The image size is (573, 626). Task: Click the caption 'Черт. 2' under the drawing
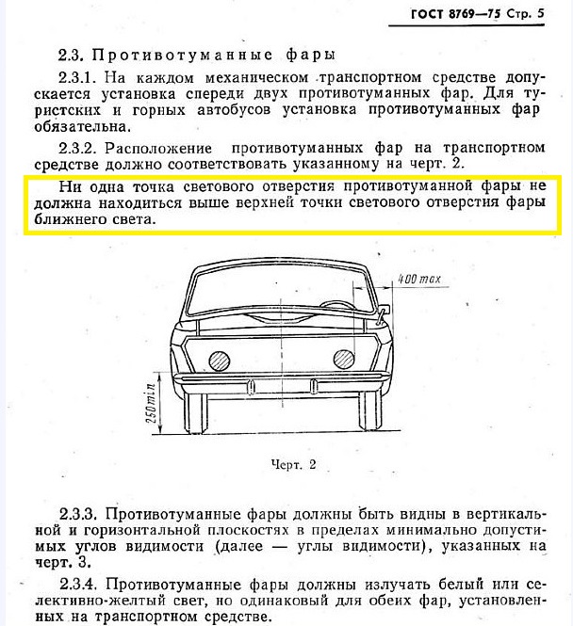(289, 464)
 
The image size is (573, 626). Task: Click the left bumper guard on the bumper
(251, 383)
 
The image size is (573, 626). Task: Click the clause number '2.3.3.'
(80, 515)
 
